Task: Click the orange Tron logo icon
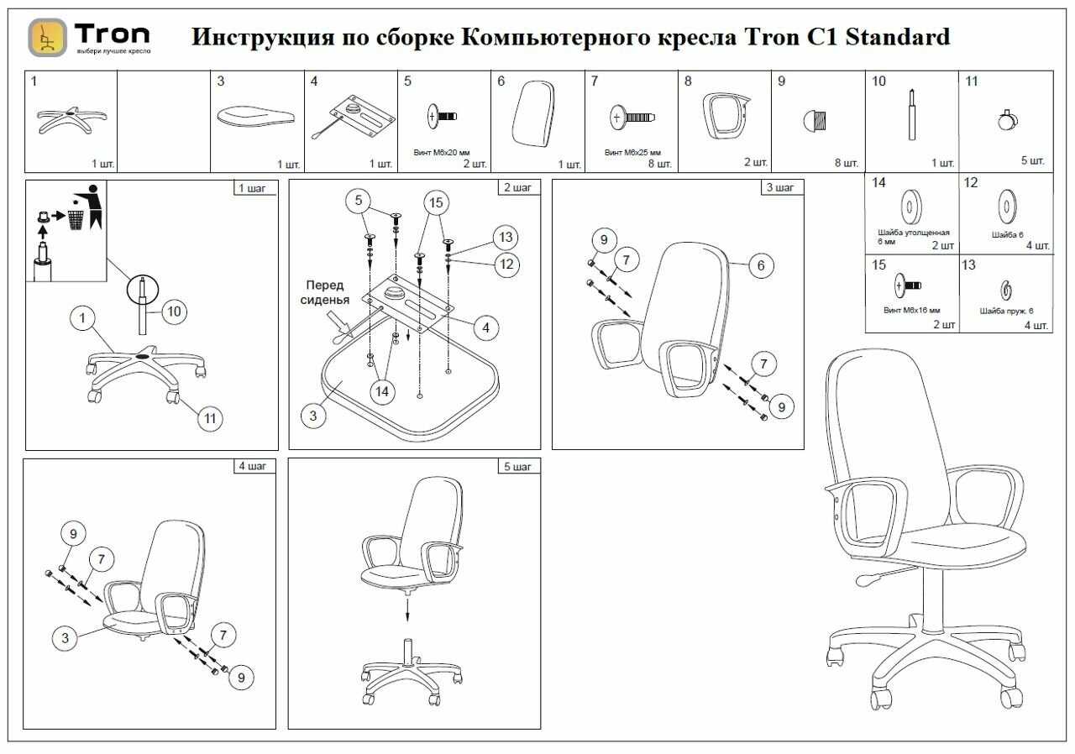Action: click(48, 38)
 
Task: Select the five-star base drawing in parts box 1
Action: click(70, 119)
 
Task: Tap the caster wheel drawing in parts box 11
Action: click(1005, 119)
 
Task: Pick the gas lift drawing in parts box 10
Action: click(911, 118)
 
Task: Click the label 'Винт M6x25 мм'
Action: click(632, 154)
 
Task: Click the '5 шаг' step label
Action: click(517, 467)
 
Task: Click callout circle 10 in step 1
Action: click(173, 312)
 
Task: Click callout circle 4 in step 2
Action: click(486, 327)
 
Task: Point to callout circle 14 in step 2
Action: click(382, 390)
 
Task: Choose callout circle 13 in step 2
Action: click(504, 237)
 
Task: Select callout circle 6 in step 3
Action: click(760, 265)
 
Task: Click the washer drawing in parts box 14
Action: click(910, 207)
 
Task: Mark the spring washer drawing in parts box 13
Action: click(1005, 291)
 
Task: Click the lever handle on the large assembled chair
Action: click(871, 579)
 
